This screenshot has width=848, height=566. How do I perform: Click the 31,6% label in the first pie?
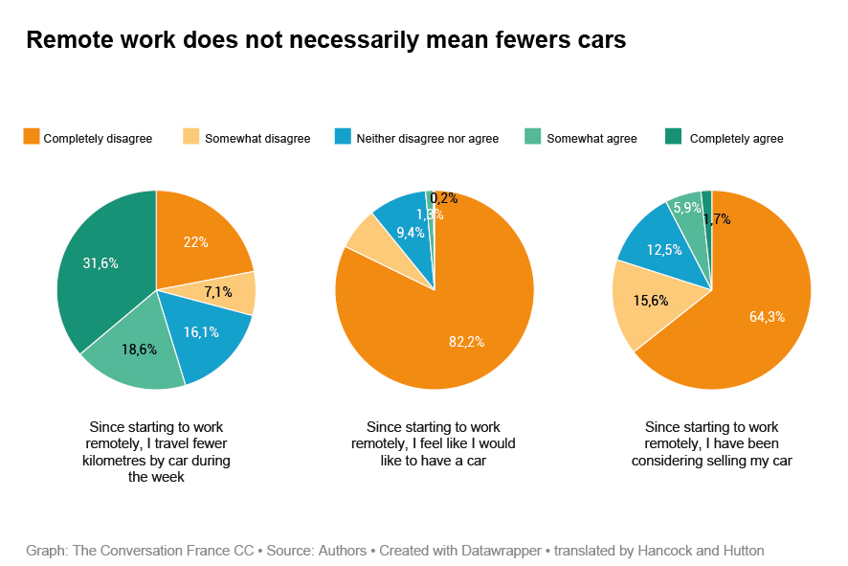click(100, 263)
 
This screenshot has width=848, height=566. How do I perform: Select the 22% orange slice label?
click(196, 242)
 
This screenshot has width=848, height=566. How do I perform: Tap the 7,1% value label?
click(218, 292)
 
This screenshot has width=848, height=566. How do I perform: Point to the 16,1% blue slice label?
click(201, 332)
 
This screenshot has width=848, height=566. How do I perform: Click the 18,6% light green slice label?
click(140, 350)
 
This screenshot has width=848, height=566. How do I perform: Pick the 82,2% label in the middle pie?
click(467, 342)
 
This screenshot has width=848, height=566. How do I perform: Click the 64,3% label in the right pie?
click(767, 317)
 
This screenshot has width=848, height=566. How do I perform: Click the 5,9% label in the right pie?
click(685, 208)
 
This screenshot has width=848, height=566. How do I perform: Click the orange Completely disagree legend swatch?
click(32, 137)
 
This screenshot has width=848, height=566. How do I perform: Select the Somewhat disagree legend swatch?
click(190, 137)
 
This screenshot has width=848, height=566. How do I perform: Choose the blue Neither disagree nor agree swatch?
click(342, 137)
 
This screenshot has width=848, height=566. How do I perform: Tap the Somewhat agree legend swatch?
click(533, 137)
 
